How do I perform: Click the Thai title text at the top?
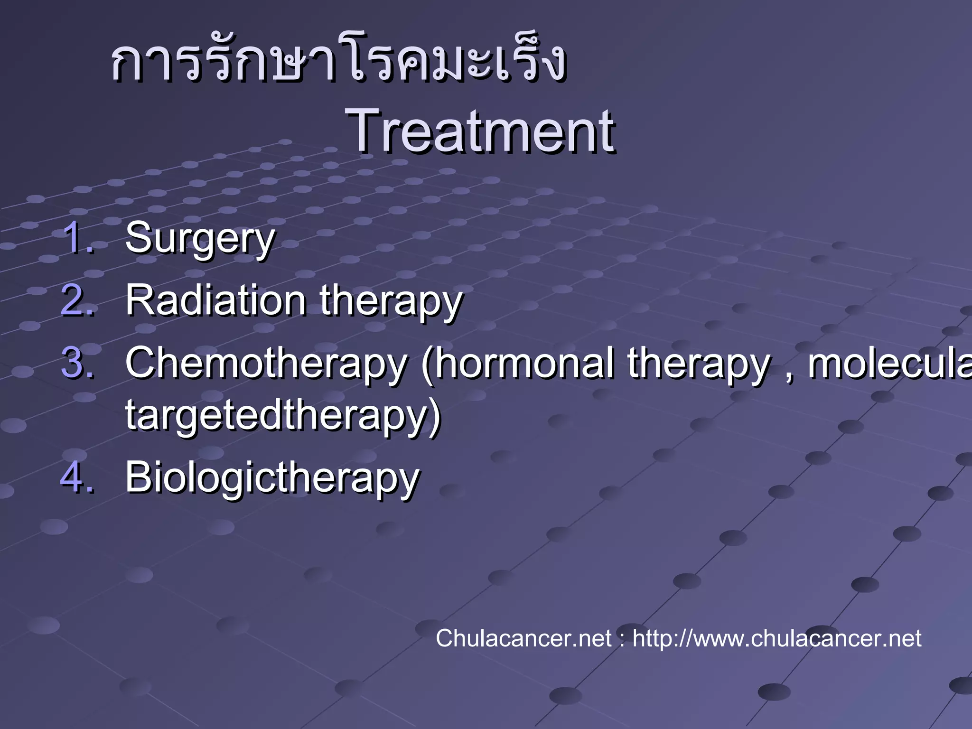pyautogui.click(x=338, y=62)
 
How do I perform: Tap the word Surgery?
pyautogui.click(x=199, y=239)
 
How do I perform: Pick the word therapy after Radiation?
pyautogui.click(x=391, y=302)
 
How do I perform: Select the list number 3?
pyautogui.click(x=77, y=363)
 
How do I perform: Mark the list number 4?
pyautogui.click(x=77, y=477)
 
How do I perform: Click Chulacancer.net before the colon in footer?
pyautogui.click(x=523, y=638)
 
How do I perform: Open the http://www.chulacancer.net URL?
pyautogui.click(x=776, y=638)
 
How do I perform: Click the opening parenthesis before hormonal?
pyautogui.click(x=426, y=364)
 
